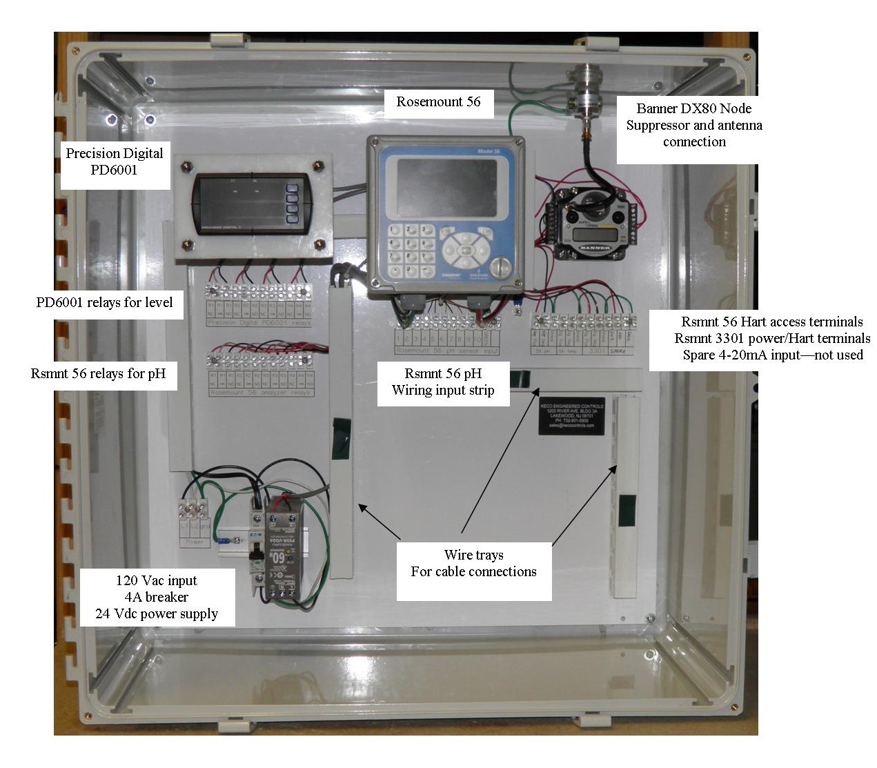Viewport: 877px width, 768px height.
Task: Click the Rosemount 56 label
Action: point(438,102)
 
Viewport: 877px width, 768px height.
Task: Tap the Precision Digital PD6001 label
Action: point(115,162)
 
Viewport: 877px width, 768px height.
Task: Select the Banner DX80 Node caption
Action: point(693,125)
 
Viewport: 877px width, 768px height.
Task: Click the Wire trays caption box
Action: point(473,564)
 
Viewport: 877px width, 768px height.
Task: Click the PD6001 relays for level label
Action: point(105,302)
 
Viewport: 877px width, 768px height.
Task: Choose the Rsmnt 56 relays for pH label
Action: point(99,374)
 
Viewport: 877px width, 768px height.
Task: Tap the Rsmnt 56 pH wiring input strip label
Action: point(443,382)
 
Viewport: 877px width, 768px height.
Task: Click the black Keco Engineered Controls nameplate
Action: point(571,416)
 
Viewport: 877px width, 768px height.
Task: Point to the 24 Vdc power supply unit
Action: point(282,549)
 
